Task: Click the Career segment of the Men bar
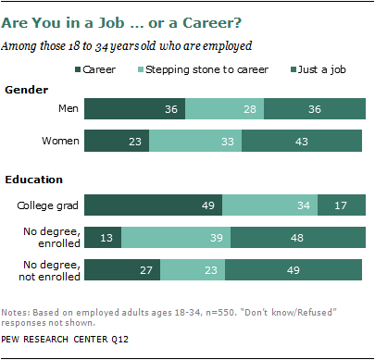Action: (x=134, y=109)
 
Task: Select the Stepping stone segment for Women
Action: (x=195, y=141)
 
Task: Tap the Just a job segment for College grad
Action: (x=342, y=205)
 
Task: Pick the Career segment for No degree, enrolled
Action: (x=103, y=238)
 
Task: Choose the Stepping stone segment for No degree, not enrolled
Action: (x=193, y=270)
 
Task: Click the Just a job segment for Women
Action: (x=302, y=141)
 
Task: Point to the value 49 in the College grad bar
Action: (x=207, y=205)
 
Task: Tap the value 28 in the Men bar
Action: (x=250, y=109)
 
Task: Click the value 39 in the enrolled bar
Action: (x=217, y=238)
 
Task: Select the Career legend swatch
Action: (x=78, y=69)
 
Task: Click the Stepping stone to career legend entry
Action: (x=203, y=69)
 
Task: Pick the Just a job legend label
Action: (x=321, y=69)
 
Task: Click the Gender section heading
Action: (x=27, y=90)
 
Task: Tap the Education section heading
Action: (x=33, y=180)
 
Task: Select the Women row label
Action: (x=60, y=141)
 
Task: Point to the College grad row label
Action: (x=47, y=205)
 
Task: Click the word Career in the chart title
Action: (x=212, y=23)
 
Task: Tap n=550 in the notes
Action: (x=221, y=313)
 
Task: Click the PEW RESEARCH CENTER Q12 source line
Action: (x=65, y=340)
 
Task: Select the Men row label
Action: (x=69, y=108)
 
